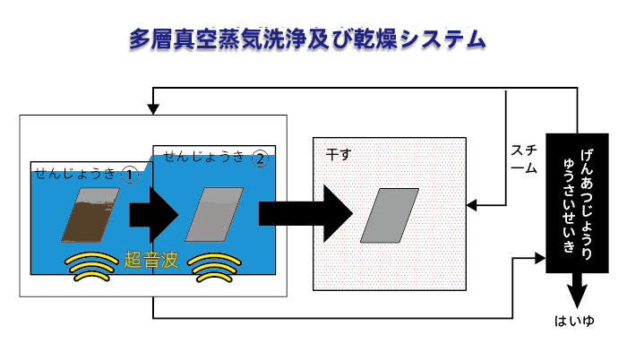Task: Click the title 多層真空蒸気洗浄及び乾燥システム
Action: [x=307, y=39]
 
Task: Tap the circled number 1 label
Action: [x=129, y=176]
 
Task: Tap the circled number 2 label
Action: [x=261, y=159]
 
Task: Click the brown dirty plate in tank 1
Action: [x=90, y=215]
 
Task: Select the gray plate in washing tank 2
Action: [x=214, y=214]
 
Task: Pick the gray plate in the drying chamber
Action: [x=390, y=216]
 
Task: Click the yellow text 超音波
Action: [x=150, y=259]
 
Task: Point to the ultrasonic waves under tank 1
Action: [x=91, y=266]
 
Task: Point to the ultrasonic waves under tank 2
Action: [x=214, y=267]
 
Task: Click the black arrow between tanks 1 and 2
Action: [x=153, y=215]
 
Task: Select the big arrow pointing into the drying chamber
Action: [x=305, y=214]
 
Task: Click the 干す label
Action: [x=339, y=154]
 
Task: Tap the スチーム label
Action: [x=524, y=159]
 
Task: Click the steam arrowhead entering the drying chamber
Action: [x=472, y=206]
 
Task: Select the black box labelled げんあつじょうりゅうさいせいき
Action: [x=577, y=203]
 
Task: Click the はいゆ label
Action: [x=574, y=321]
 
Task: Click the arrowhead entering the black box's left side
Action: [x=540, y=258]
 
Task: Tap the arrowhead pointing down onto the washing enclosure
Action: [x=153, y=109]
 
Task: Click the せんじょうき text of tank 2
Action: [x=204, y=157]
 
